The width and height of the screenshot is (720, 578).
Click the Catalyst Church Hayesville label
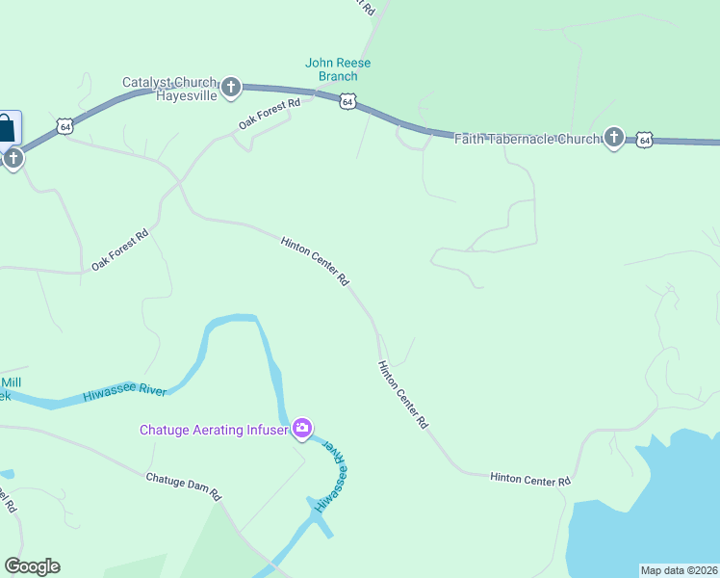coord(170,90)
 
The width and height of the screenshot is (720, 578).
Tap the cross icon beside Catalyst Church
coord(231,89)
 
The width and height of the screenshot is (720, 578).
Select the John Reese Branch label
coord(338,69)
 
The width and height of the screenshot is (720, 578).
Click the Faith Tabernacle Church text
coord(527,139)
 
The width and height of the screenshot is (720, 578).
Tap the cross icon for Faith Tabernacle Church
coord(614,138)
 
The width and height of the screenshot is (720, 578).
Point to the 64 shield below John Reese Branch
coord(348,101)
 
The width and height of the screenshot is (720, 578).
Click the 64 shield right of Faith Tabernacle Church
coord(645,140)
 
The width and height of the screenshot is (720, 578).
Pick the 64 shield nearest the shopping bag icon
coord(64,126)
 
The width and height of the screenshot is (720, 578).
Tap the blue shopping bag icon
coord(7,127)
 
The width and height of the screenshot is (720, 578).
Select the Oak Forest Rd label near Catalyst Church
coord(270,114)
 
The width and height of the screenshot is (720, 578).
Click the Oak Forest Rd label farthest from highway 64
coord(119,250)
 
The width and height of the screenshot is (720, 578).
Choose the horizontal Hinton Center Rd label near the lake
coord(530,478)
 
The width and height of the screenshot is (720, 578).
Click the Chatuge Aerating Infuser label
coord(214,430)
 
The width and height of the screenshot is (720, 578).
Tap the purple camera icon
coord(302,428)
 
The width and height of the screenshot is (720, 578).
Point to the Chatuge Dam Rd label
coord(184,486)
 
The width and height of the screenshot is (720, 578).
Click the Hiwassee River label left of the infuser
coord(124,392)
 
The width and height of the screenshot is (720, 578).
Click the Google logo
coord(32,566)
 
